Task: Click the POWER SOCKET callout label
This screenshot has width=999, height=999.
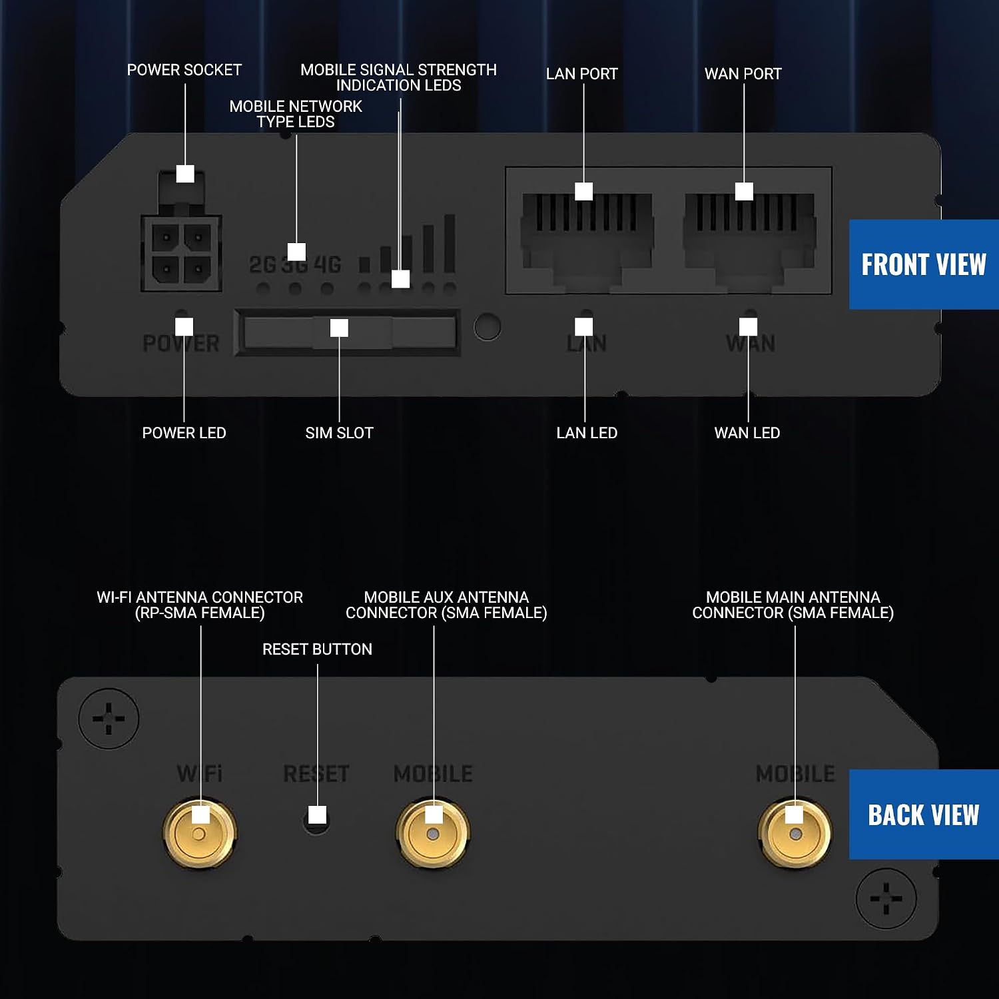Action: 184,70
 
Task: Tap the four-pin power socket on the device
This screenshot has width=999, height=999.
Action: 181,254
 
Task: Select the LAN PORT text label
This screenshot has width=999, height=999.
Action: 582,74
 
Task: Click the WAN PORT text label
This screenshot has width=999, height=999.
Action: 743,74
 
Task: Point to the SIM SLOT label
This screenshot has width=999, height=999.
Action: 339,433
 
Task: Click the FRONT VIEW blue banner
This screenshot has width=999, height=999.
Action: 924,264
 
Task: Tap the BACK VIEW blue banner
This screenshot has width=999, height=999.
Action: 924,815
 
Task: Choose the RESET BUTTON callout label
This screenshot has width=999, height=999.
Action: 317,649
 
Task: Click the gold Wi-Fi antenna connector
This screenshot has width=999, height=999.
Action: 200,832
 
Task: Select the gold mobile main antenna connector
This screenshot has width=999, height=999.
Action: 795,832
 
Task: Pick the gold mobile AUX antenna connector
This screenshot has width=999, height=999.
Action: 433,832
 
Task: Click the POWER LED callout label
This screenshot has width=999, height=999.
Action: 184,433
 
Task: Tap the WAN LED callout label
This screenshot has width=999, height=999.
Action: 747,433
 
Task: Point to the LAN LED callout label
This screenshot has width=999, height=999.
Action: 587,433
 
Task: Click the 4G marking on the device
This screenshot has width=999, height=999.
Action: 327,264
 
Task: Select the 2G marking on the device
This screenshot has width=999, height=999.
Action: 262,264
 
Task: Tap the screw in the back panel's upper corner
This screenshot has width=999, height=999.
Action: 109,719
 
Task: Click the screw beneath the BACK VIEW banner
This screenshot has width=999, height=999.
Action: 886,898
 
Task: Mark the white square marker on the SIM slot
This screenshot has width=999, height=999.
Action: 339,328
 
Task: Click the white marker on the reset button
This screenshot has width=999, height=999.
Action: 318,815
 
